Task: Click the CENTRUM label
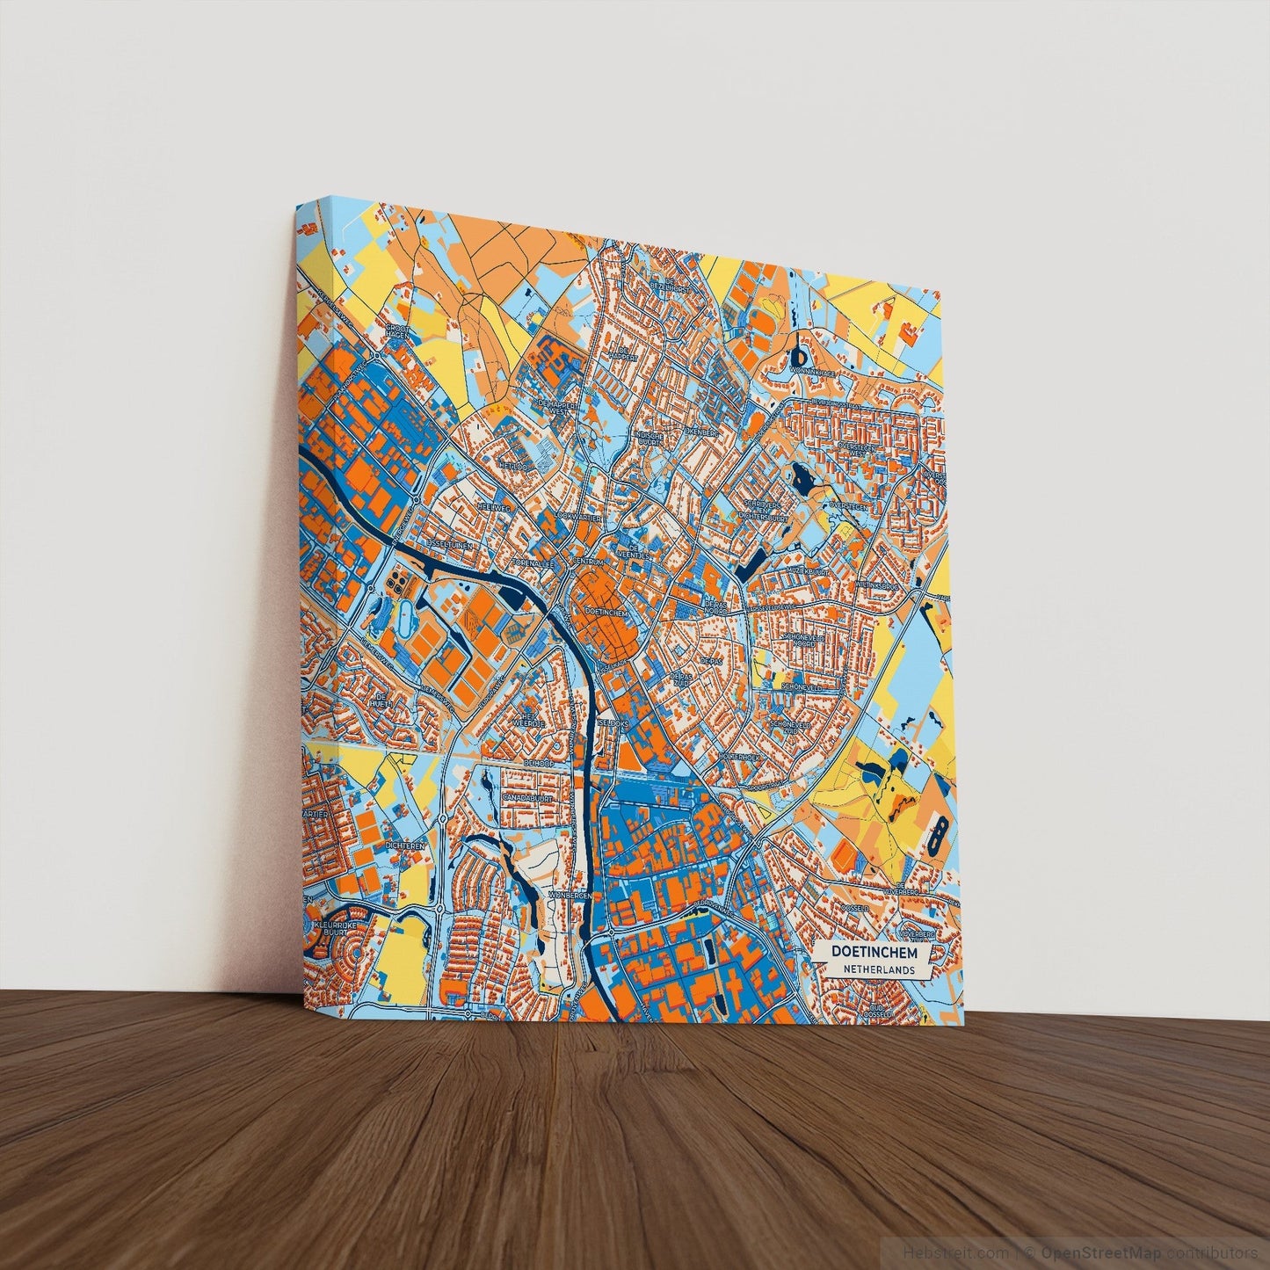click(588, 561)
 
